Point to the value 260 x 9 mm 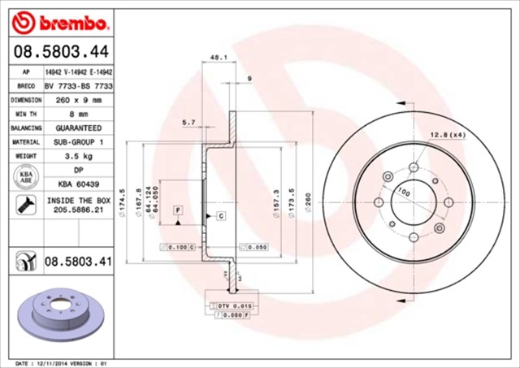pos(78,100)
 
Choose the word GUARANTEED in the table pos(78,128)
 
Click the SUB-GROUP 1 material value pos(78,142)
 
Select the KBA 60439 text pos(78,185)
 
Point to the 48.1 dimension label pos(218,58)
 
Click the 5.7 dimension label pos(188,123)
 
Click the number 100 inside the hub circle pos(404,193)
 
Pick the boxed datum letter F pos(176,210)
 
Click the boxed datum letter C pos(220,215)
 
